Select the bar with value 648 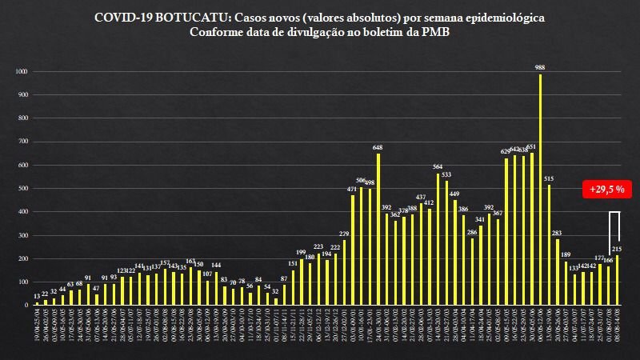coord(378,229)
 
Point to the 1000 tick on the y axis coord(22,72)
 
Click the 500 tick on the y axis coord(22,189)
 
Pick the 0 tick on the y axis coord(26,305)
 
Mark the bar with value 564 coord(438,239)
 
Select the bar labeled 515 coord(549,245)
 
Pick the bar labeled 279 coord(344,272)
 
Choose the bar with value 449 coord(454,253)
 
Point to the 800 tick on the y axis coord(22,118)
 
